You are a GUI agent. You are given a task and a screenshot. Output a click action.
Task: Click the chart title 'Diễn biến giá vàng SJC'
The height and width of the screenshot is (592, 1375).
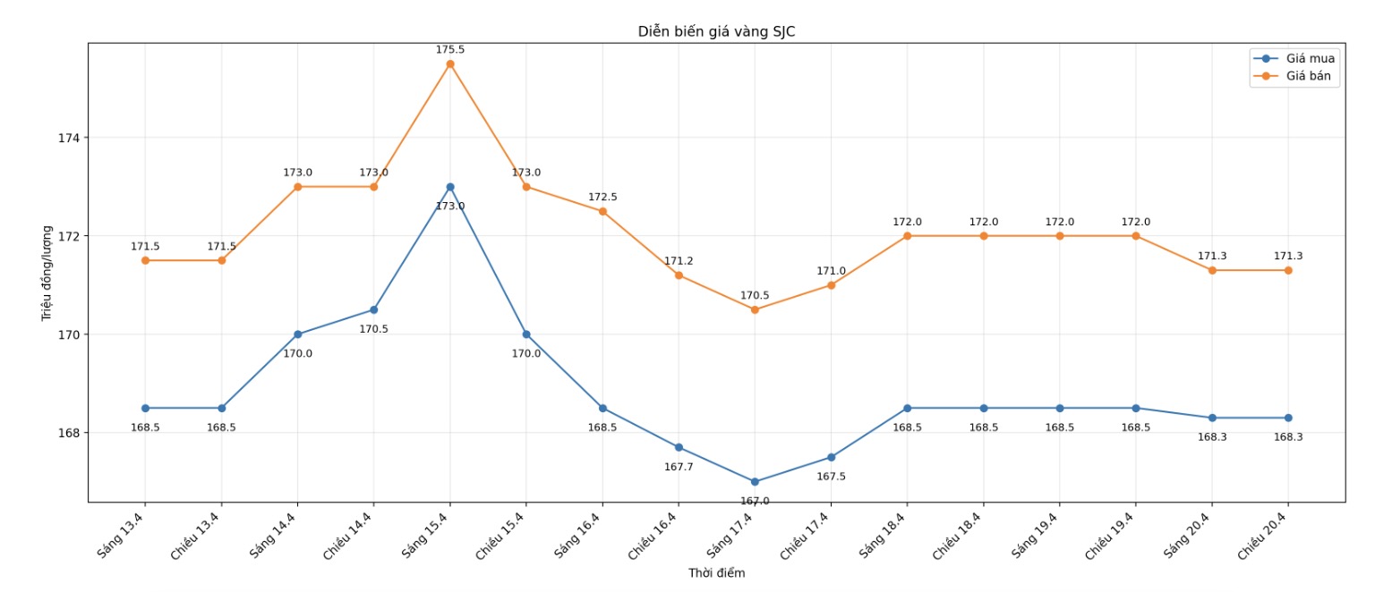point(716,31)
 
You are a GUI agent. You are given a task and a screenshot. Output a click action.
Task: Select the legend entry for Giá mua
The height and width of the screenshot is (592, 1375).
point(1310,58)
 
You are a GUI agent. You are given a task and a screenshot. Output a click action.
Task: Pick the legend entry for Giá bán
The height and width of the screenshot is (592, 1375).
point(1308,76)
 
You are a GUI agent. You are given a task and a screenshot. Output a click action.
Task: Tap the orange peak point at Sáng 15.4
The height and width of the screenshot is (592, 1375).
point(450,63)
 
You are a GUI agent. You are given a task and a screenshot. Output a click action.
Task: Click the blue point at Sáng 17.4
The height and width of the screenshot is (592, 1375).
point(755,482)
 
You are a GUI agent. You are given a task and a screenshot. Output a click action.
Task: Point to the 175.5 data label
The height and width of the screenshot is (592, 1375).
point(450,49)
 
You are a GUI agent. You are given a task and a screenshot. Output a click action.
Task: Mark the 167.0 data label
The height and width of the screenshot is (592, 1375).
point(755,501)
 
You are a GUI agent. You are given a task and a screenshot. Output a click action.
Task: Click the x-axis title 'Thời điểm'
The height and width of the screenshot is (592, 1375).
point(716,572)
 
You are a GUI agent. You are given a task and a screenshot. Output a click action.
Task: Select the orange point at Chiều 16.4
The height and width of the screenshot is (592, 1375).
point(679,275)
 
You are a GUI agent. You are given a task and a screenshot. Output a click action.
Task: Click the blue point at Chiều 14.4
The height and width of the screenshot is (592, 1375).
point(374,309)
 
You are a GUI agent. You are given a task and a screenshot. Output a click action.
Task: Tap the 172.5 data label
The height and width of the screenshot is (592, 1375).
point(602,197)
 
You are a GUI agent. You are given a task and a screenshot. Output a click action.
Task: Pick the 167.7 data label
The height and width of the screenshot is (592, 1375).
point(679,467)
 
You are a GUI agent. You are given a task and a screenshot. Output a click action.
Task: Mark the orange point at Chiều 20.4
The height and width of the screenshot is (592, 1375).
point(1288,270)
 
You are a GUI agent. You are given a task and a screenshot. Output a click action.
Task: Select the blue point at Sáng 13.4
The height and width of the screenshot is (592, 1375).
point(145,408)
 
